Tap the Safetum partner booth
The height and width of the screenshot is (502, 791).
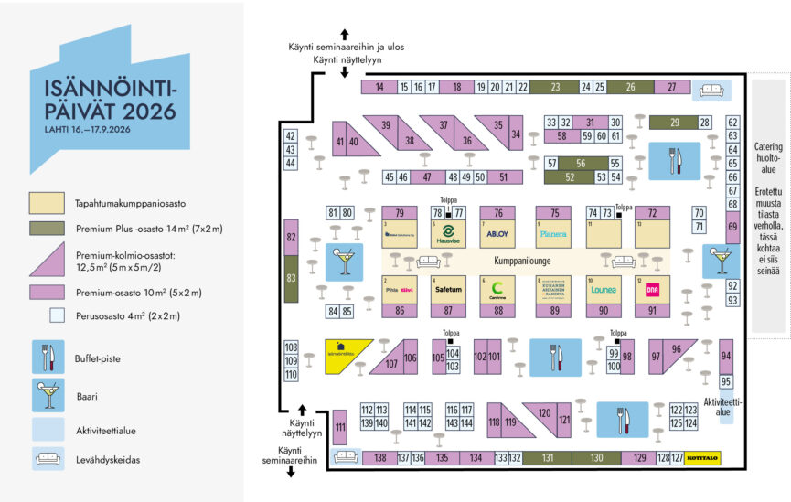(449, 290)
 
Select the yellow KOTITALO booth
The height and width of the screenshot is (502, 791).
(728, 457)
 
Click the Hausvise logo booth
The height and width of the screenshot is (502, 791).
(449, 234)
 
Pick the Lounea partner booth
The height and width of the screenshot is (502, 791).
(604, 290)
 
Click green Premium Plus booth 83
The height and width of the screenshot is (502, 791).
(292, 278)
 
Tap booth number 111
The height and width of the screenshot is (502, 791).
(339, 427)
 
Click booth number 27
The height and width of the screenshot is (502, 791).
(672, 87)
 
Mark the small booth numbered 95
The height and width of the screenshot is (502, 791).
(726, 381)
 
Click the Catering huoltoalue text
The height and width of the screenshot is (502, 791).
(768, 158)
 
